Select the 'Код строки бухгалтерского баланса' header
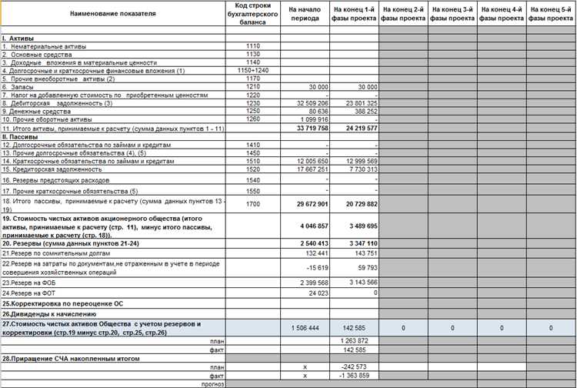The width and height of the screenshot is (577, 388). [x=252, y=14]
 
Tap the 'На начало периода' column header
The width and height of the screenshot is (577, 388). [x=305, y=14]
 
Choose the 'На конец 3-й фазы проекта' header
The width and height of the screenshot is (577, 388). [x=453, y=14]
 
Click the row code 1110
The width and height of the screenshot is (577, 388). [x=252, y=46]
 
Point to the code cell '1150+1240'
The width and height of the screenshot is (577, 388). [x=252, y=70]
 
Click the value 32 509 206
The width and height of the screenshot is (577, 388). [x=312, y=102]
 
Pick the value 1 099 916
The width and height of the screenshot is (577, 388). [x=312, y=119]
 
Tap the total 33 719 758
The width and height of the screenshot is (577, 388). [x=311, y=128]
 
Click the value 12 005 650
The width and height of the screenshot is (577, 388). [x=312, y=160]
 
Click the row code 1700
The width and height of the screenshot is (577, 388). [x=252, y=205]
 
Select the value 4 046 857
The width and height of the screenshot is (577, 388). [x=312, y=226]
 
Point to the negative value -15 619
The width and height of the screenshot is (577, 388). [x=318, y=267]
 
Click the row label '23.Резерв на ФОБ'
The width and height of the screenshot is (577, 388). [x=27, y=282]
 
